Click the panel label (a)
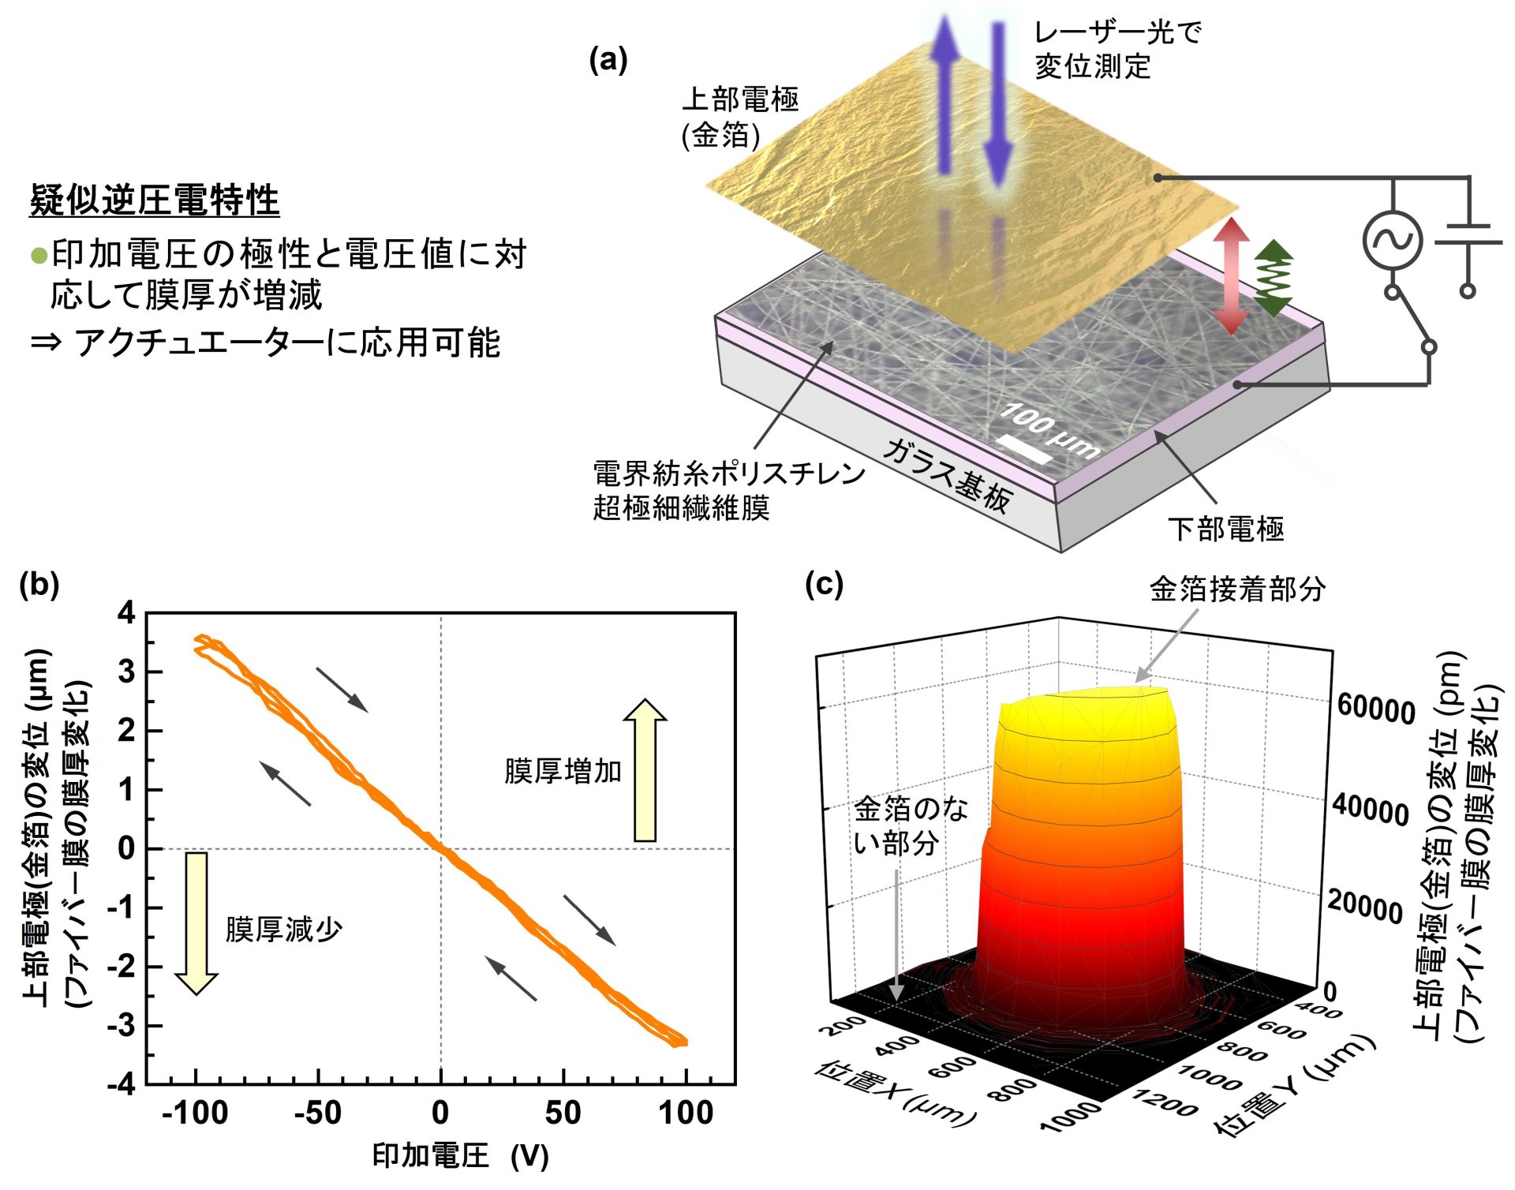pyautogui.click(x=608, y=61)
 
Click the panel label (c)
pyautogui.click(x=824, y=585)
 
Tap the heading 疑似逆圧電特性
pyautogui.click(x=155, y=200)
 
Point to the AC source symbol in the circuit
pyautogui.click(x=1393, y=241)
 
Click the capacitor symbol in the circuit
pyautogui.click(x=1468, y=234)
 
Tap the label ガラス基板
pyautogui.click(x=947, y=474)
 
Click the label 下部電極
pyautogui.click(x=1226, y=529)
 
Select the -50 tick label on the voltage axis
pyautogui.click(x=318, y=1113)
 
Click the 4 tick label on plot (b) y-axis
pyautogui.click(x=126, y=613)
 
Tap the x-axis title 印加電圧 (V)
pyautogui.click(x=460, y=1156)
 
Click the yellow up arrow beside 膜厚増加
pyautogui.click(x=645, y=769)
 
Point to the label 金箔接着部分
pyautogui.click(x=1236, y=589)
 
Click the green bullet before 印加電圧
pyautogui.click(x=39, y=256)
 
